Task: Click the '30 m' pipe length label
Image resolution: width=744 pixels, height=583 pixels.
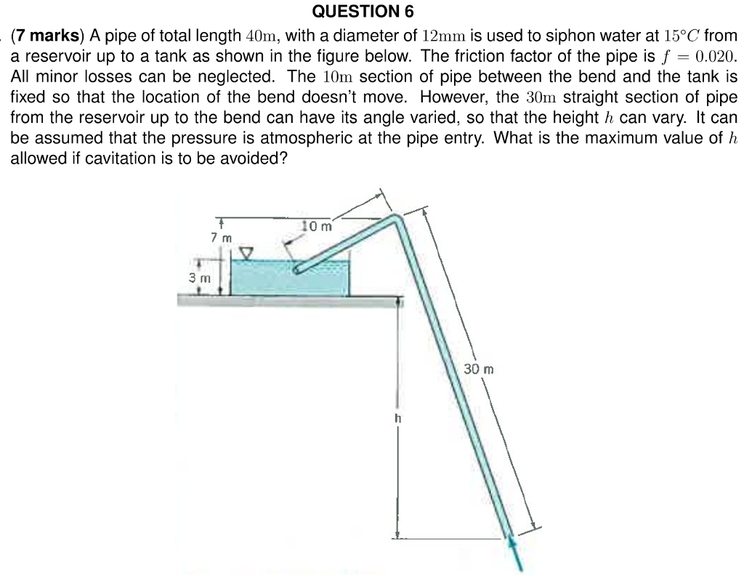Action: tap(479, 369)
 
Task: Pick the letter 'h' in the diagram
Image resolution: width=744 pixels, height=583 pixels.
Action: tap(397, 419)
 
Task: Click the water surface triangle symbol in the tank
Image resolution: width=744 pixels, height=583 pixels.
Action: tap(247, 252)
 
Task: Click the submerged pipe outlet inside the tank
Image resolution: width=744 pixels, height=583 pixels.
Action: tap(299, 270)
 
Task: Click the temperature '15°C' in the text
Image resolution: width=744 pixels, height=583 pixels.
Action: tap(682, 36)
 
